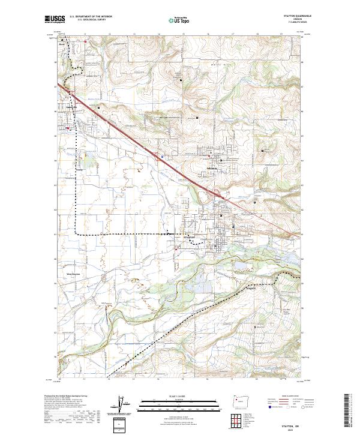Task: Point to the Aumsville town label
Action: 65,111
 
